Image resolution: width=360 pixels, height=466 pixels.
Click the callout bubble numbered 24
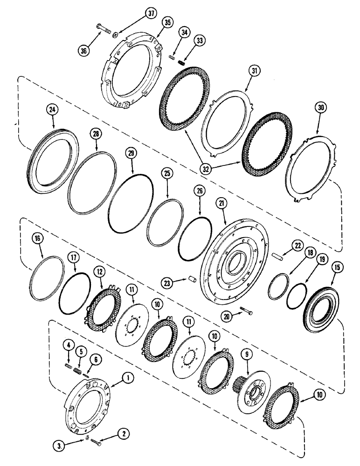coord(52,110)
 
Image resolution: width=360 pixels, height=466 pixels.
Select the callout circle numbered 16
coord(38,239)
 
